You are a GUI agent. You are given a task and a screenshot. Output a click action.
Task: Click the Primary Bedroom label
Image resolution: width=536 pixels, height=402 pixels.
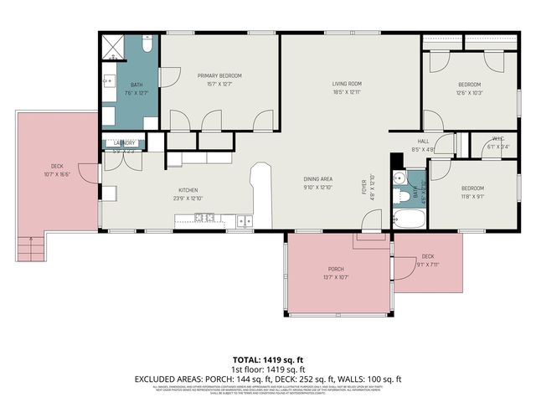point(219,75)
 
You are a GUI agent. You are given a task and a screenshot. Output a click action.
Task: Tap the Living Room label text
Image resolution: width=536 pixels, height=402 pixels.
point(347,84)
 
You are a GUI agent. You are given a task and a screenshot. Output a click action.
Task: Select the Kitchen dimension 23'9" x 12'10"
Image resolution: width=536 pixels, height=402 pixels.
point(187,198)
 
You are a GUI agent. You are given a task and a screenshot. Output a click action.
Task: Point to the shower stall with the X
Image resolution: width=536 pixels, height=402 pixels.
point(114,47)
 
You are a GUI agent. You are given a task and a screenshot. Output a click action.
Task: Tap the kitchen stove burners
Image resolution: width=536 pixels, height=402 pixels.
point(204,219)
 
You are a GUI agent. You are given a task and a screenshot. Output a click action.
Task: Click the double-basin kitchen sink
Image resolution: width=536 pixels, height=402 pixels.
point(244,221)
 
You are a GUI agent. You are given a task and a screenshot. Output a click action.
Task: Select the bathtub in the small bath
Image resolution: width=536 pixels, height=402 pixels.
point(410,220)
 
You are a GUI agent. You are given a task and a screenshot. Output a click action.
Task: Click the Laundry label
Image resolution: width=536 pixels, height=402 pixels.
point(124,143)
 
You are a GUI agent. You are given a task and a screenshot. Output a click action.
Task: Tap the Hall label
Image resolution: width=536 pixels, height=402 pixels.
point(423,141)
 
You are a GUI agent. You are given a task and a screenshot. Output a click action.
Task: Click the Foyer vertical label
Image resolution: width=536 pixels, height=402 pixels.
point(363,184)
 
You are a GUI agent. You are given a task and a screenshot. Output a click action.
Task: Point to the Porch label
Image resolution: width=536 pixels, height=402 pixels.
point(336,269)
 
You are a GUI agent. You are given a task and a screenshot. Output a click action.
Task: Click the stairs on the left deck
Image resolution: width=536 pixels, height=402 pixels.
point(30,247)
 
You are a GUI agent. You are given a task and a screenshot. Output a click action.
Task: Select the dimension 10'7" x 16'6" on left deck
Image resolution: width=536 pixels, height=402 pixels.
point(57,174)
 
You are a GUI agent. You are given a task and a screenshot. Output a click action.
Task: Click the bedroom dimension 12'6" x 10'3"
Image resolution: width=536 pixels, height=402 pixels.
point(469,93)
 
